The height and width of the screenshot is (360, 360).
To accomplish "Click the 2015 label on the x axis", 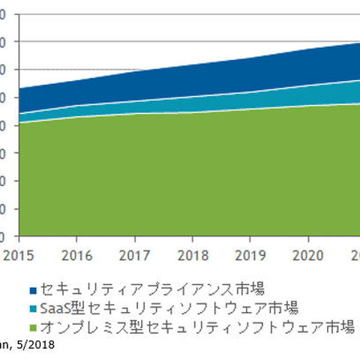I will pos(16,254).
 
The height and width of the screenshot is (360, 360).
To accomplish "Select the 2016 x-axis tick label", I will pos(77,254).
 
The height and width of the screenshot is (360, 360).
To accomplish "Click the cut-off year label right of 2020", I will pos(354,254).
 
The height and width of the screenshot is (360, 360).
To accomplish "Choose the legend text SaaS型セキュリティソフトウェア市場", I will pos(169,307).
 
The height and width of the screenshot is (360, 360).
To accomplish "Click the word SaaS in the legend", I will pos(56,307).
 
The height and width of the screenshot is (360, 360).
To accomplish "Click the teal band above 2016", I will pos(77,111).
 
